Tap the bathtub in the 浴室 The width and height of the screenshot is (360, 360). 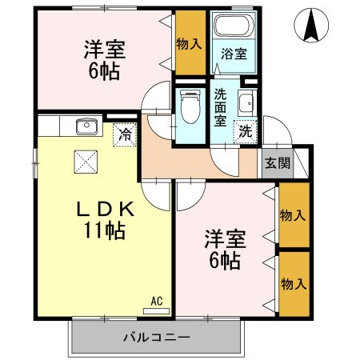[x=232, y=25]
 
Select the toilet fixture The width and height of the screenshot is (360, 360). [x=189, y=107]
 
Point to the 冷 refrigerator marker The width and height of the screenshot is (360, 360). [x=124, y=134]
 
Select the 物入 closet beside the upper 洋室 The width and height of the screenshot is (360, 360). [x=189, y=43]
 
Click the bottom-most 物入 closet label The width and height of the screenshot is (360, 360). [x=292, y=283]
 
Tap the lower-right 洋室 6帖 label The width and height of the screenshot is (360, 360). [x=224, y=248]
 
